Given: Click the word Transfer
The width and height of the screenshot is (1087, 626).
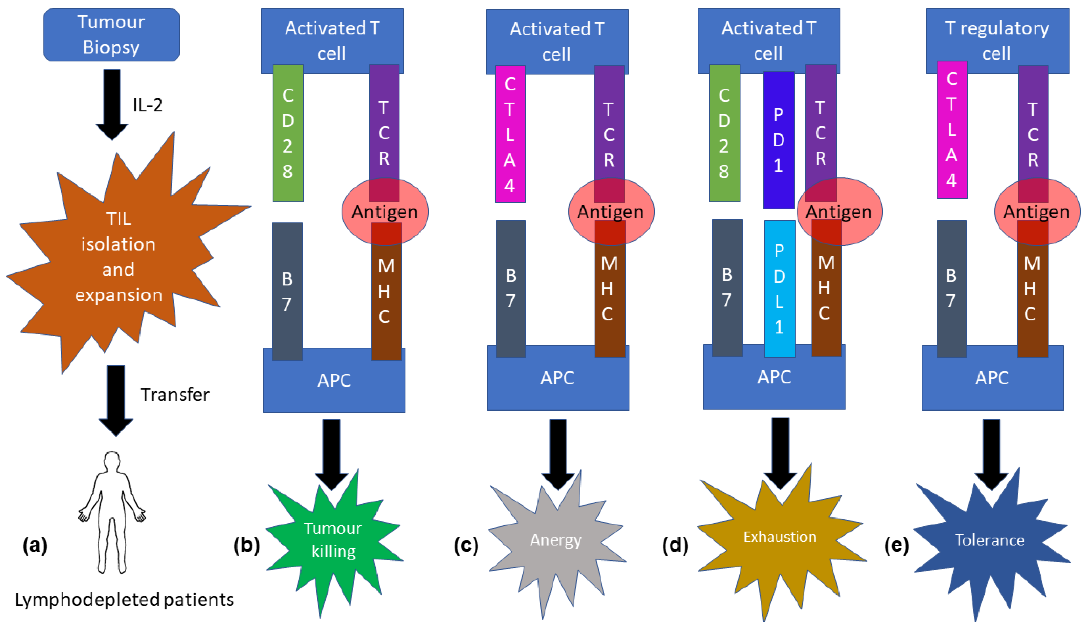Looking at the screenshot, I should point(175,395).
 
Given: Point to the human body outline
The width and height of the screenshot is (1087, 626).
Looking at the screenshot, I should point(112,512).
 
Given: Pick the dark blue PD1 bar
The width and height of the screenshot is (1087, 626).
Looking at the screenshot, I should point(779,140).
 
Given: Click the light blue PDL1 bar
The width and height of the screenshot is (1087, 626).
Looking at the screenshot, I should point(779,288).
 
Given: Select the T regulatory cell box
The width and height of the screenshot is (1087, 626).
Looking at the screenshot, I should point(997,40).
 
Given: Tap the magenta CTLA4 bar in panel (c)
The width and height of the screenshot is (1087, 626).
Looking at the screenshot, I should point(510,134).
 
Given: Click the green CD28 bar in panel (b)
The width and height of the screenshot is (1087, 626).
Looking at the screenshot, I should point(288,133).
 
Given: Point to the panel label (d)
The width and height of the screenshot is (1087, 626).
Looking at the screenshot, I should point(675,545).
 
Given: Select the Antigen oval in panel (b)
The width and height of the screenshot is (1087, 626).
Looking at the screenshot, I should point(385,212).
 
